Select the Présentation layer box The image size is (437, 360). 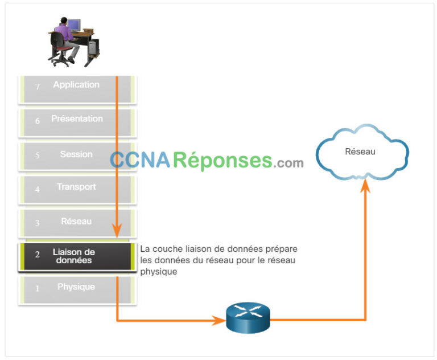point(77,121)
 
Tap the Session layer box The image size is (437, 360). point(77,155)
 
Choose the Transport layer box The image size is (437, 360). point(77,189)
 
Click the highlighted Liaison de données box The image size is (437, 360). point(77,257)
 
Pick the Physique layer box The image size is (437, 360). point(77,289)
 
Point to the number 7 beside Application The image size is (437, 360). point(38,87)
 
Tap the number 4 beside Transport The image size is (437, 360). point(38,189)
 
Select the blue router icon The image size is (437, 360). point(248,318)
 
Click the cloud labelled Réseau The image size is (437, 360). point(362,152)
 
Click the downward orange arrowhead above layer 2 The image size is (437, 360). point(117,231)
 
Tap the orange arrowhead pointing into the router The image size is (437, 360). point(220,321)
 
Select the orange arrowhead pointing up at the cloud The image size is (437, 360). point(365,185)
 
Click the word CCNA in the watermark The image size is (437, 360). point(140,161)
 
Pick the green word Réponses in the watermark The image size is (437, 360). point(222,161)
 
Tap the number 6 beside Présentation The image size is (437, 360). point(38,121)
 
